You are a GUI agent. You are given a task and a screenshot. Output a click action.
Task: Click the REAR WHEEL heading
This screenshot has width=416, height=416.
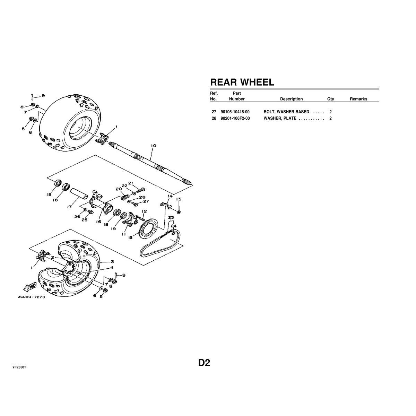tap(242, 82)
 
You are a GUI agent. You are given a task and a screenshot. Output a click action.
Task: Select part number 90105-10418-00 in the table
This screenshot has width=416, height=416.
tap(235, 112)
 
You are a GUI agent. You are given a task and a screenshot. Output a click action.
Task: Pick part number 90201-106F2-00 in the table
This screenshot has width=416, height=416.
tap(235, 118)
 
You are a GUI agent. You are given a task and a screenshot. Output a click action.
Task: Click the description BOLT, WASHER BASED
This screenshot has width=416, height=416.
tap(286, 112)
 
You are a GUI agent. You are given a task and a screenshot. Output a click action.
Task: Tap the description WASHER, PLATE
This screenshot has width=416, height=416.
tap(280, 118)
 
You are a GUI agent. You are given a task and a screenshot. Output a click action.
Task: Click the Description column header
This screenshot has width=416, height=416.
tap(291, 99)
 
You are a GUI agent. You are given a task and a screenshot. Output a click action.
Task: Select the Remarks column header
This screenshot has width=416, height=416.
tap(358, 99)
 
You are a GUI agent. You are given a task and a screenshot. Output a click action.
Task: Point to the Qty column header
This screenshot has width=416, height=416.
tap(330, 99)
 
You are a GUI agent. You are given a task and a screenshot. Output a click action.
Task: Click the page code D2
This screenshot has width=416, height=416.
tap(204, 363)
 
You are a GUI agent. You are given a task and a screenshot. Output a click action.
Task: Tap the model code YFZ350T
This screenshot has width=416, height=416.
tap(19, 367)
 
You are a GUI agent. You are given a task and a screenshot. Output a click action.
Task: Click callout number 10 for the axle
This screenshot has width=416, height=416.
tap(154, 146)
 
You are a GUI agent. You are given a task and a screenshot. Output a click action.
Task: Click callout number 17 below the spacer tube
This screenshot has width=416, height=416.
tap(70, 207)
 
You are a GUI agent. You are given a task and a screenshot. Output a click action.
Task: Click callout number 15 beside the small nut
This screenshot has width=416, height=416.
tap(178, 199)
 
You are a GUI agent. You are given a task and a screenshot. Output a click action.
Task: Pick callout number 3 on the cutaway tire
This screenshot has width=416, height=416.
tap(112, 262)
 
